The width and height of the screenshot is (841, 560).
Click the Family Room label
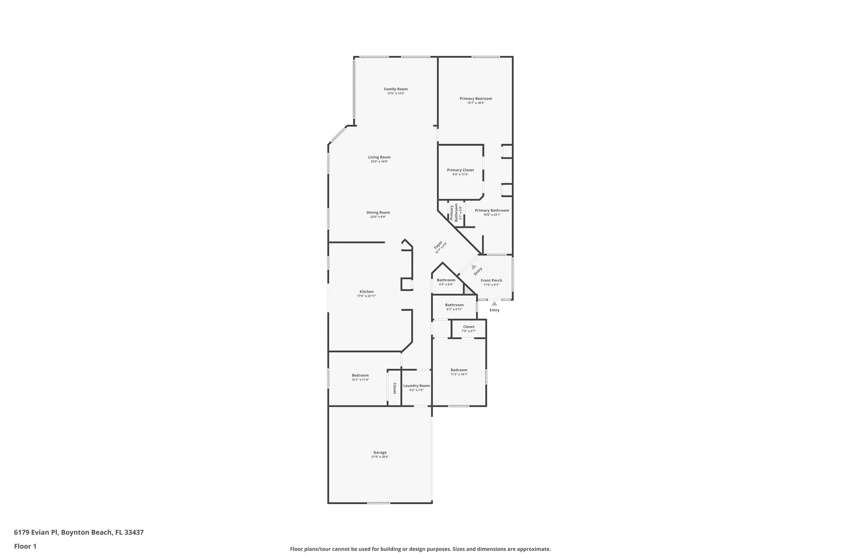point(396,89)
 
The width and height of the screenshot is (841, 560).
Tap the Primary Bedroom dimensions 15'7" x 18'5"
point(476,103)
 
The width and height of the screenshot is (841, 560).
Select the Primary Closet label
point(460,170)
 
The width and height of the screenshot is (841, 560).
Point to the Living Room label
point(379,157)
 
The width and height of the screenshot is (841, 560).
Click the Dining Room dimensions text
point(378,217)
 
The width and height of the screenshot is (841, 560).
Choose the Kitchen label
point(366,292)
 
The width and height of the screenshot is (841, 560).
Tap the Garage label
point(380,452)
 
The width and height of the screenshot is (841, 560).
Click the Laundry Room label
point(416,386)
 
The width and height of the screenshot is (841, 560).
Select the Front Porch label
point(491,280)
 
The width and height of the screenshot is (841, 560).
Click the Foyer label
point(438,245)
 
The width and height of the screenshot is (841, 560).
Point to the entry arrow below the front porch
point(495,303)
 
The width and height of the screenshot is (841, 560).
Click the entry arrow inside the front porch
point(474,267)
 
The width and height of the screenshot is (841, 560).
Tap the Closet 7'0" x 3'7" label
point(468,327)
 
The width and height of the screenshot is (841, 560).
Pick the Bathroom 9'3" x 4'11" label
point(454,305)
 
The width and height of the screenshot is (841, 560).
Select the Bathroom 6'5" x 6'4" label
point(446,280)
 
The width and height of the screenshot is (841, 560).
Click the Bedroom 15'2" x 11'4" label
point(360,376)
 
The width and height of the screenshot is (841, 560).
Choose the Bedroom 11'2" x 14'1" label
point(459,370)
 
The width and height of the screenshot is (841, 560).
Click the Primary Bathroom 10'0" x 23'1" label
point(492,210)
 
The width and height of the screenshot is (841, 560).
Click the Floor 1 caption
point(25,546)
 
